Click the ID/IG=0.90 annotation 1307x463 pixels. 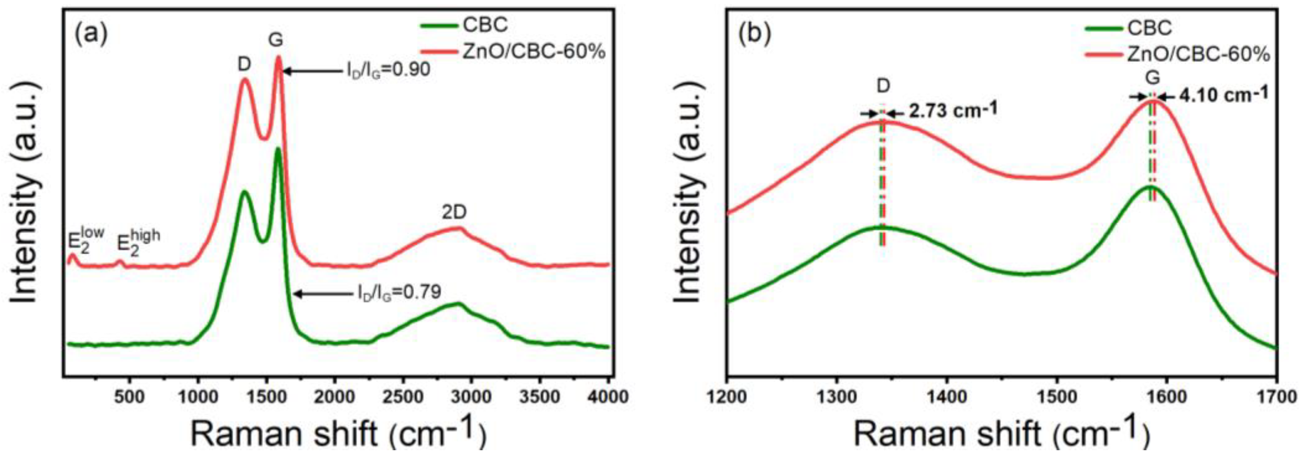click(x=388, y=70)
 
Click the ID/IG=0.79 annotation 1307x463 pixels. click(x=397, y=293)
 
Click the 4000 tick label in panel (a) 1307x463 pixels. click(x=607, y=397)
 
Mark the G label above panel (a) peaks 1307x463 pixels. click(x=276, y=40)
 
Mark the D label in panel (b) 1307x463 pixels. click(x=883, y=86)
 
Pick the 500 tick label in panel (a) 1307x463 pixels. click(x=130, y=397)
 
